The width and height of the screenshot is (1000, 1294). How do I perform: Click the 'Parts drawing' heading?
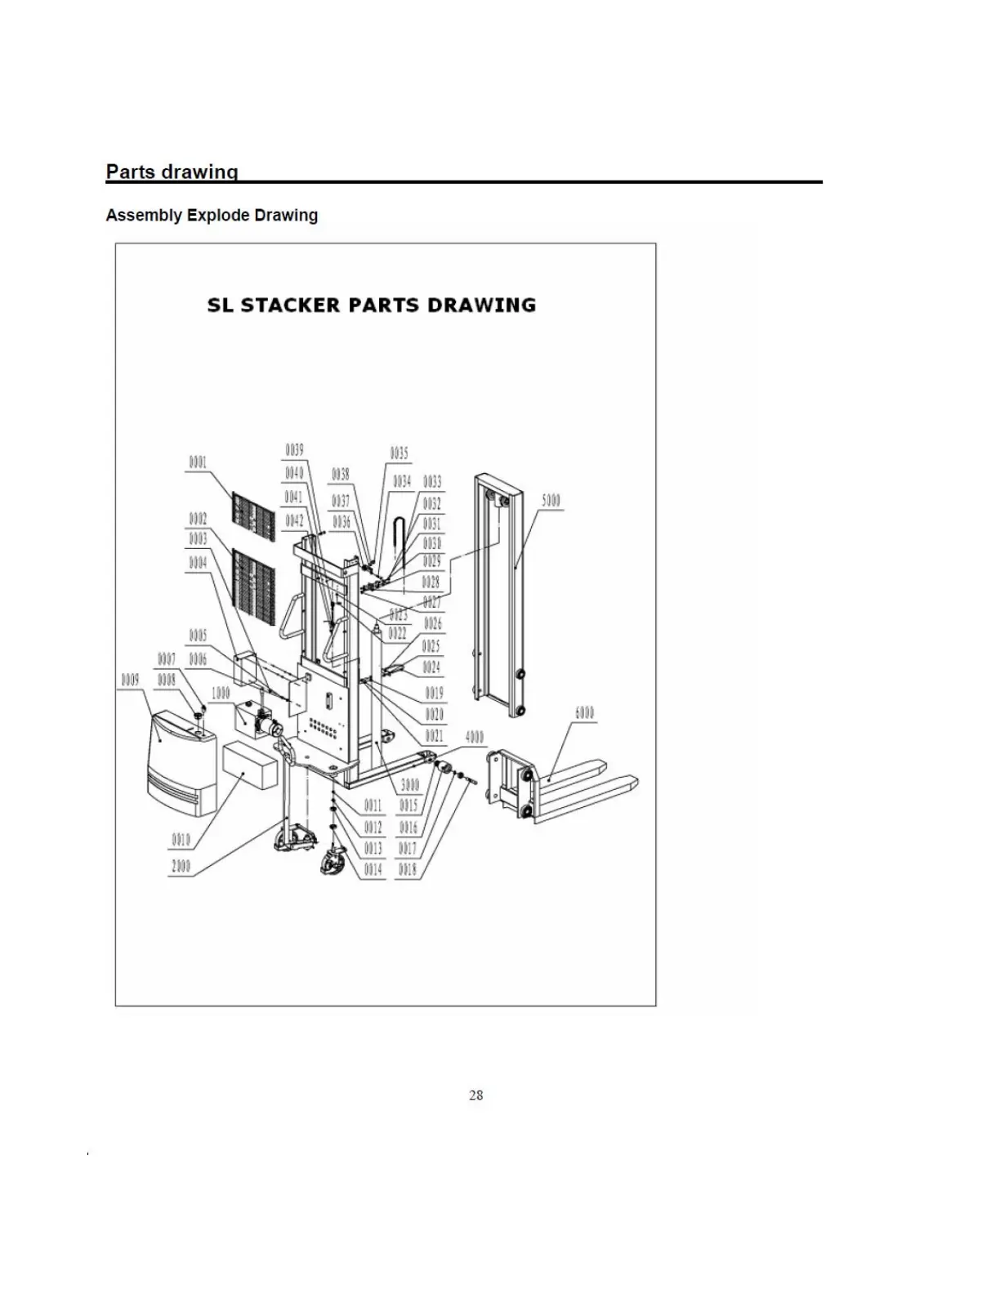click(172, 172)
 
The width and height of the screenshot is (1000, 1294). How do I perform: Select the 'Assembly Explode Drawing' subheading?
click(212, 216)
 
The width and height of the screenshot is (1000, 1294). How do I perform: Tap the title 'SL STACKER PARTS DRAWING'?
click(372, 306)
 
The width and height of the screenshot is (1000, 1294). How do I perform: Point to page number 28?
click(476, 1095)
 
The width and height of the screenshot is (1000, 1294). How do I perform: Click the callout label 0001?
click(198, 462)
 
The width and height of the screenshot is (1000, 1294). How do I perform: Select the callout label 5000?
click(551, 500)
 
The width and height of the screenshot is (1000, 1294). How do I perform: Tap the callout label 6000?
click(584, 712)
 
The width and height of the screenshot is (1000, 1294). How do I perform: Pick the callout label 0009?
click(130, 680)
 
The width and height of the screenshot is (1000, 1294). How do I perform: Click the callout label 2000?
click(181, 867)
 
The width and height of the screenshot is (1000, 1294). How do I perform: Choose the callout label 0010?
click(181, 839)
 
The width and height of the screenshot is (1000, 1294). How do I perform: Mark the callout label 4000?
click(475, 737)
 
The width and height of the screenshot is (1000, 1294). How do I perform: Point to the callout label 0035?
click(399, 454)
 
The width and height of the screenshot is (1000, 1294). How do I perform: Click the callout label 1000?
click(221, 693)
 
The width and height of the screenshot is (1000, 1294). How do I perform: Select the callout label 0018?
click(408, 870)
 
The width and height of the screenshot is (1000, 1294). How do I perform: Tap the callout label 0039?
click(294, 450)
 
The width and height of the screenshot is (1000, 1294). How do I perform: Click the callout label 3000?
click(409, 785)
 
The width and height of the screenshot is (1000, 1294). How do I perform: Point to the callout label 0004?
click(198, 563)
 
